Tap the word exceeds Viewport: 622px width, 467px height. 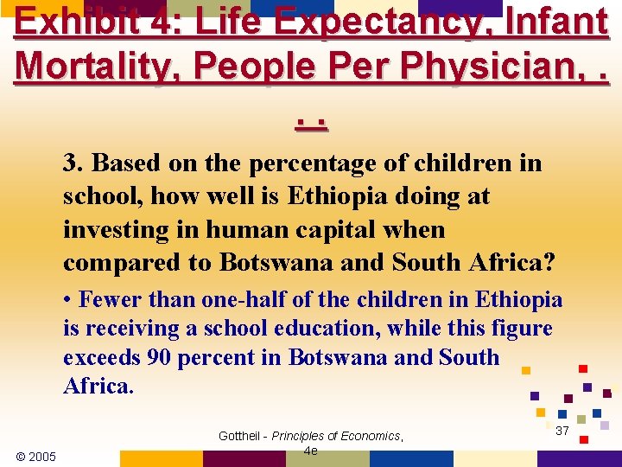tap(100, 357)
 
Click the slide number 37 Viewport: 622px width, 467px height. tap(562, 431)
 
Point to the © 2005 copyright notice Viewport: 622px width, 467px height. tap(36, 456)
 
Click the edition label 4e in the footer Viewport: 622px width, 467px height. tap(311, 451)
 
